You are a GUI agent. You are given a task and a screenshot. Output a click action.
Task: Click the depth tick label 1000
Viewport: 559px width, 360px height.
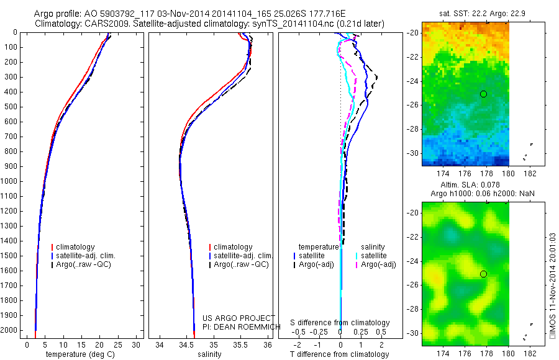pos(12,181)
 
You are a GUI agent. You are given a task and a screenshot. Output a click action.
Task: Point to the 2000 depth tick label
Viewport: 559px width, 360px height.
pos(12,331)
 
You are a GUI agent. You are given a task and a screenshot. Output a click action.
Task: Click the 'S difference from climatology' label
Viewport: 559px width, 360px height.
pos(340,323)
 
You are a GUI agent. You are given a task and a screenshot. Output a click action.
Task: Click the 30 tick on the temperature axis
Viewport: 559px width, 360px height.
pos(137,344)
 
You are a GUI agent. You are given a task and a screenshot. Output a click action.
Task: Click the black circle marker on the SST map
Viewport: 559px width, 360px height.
pos(483,94)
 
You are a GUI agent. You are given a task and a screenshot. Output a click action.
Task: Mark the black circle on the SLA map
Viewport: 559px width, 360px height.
pos(483,274)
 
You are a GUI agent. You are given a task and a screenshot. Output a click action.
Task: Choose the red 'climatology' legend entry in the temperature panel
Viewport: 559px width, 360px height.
pos(76,247)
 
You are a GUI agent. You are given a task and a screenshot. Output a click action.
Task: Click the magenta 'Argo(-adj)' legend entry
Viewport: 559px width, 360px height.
pos(378,264)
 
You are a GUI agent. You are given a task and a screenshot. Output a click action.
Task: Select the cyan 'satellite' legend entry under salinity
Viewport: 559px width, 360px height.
pos(373,255)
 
